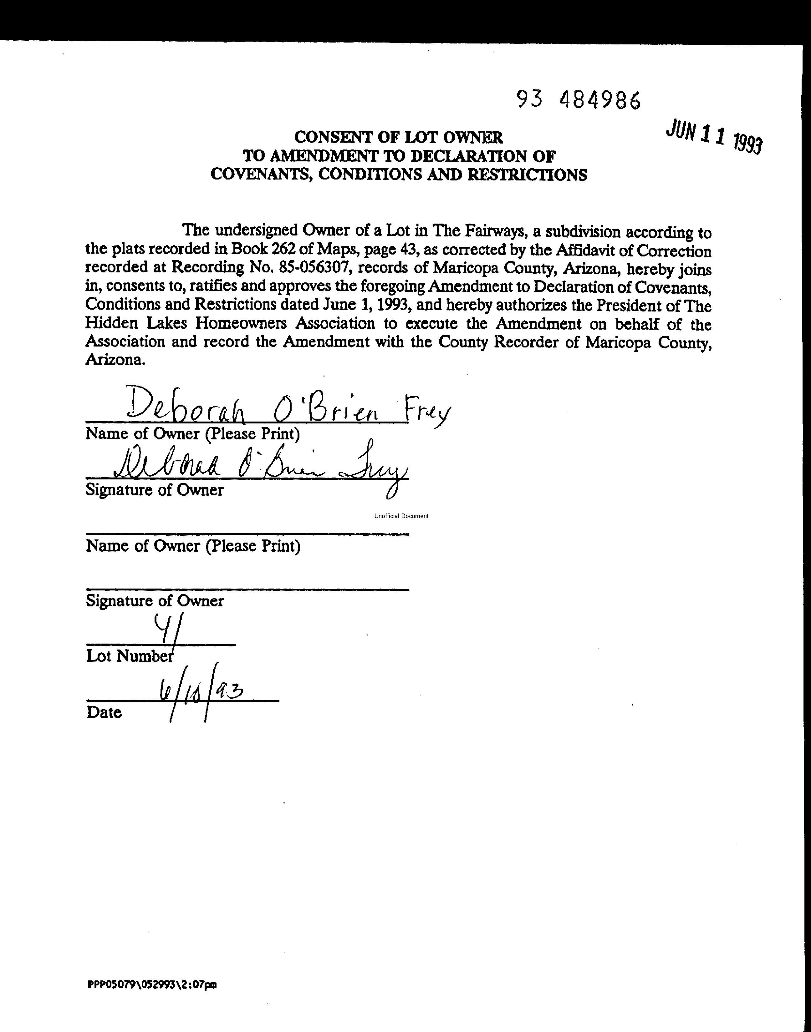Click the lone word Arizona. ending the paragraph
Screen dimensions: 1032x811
tap(115, 360)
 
